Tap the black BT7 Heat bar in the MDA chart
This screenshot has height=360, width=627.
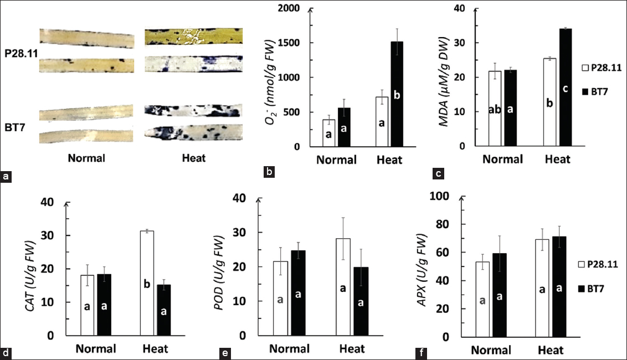[x=565, y=88]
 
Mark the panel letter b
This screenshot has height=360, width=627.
[x=269, y=172]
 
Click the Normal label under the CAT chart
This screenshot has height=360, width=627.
[x=96, y=349]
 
